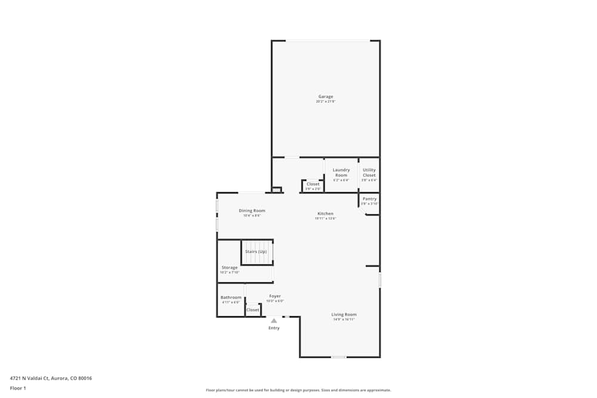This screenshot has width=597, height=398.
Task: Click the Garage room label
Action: [325, 97]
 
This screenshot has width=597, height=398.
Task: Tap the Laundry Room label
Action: [341, 172]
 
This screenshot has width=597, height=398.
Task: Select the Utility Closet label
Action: [369, 172]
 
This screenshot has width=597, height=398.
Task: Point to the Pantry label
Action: [370, 199]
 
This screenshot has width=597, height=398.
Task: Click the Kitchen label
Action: [325, 214]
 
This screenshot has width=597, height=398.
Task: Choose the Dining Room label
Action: [252, 211]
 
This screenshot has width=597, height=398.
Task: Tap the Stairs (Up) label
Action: [256, 252]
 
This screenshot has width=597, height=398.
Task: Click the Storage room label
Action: [230, 268]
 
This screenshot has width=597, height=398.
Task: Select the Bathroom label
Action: [231, 297]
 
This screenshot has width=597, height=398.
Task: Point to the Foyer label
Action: [275, 296]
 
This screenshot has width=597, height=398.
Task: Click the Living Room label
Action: [344, 314]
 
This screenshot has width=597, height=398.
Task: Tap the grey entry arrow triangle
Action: [274, 320]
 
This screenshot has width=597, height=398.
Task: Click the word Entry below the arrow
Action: [274, 328]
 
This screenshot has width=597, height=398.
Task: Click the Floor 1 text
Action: [18, 388]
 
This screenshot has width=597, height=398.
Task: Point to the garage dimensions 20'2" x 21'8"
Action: [325, 102]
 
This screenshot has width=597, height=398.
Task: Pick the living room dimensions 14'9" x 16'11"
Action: [344, 320]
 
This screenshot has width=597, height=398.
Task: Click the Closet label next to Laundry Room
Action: [313, 184]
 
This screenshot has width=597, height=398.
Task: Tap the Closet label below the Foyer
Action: [253, 310]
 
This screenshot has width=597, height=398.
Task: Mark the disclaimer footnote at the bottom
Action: [298, 390]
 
